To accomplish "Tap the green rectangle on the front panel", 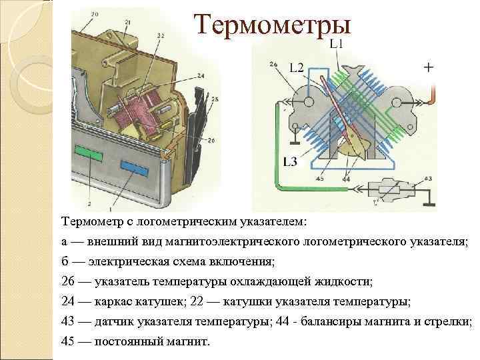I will click(x=89, y=153).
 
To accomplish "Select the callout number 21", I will click(x=127, y=22).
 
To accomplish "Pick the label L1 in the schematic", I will click(x=337, y=44).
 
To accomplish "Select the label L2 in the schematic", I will click(x=297, y=66).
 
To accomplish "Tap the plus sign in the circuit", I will click(x=427, y=67).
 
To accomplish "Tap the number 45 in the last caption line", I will click(x=68, y=341).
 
